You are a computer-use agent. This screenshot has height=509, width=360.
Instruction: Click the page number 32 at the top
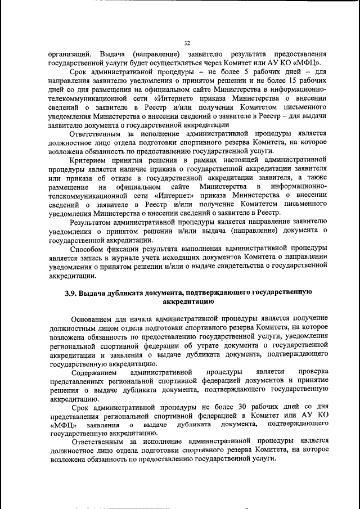(187, 42)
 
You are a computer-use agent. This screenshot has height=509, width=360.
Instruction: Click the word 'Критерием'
(90, 160)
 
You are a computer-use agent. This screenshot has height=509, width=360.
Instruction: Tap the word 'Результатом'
(93, 222)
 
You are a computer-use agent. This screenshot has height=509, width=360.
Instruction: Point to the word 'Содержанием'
(94, 372)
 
